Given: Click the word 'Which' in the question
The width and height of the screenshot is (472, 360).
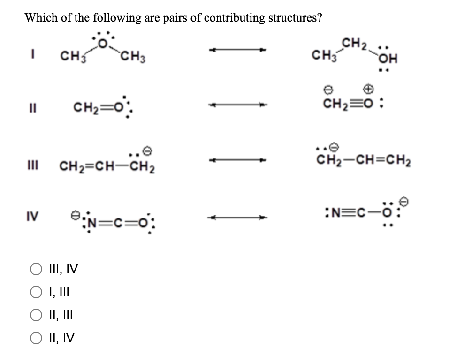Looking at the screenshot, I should [x=39, y=18].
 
